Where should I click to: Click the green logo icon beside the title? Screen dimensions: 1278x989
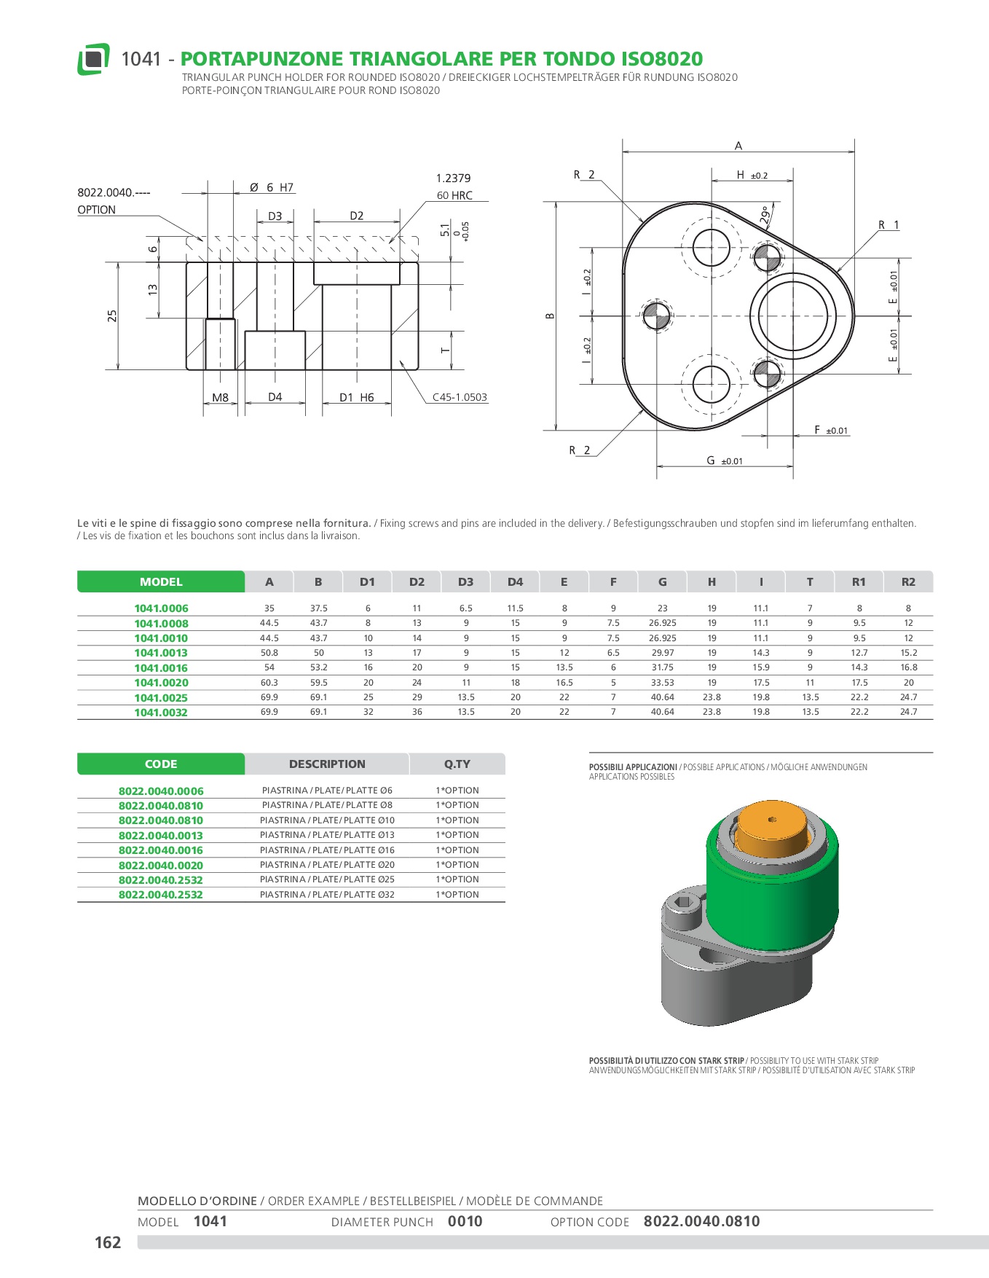click(93, 59)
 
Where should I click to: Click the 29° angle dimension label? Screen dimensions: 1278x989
click(765, 215)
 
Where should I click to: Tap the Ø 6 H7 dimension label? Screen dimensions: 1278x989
click(272, 188)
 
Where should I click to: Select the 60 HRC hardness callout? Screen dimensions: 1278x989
click(454, 195)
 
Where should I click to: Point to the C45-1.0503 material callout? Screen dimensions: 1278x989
click(460, 397)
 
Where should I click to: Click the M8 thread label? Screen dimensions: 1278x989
click(220, 398)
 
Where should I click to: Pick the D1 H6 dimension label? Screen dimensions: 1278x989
click(356, 398)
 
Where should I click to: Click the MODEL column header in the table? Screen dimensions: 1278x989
click(161, 582)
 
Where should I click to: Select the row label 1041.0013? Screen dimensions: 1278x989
click(161, 653)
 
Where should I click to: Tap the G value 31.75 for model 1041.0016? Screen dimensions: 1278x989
click(662, 667)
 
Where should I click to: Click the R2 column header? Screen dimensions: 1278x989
click(908, 582)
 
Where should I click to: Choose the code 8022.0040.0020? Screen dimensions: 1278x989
click(161, 866)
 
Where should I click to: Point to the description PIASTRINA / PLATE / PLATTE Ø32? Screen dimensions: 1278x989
click(327, 895)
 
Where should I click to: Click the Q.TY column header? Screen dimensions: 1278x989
click(457, 764)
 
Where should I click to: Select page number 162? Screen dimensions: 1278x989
click(108, 1242)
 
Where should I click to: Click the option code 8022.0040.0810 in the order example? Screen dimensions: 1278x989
click(701, 1221)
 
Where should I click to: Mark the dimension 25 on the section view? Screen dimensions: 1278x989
click(112, 316)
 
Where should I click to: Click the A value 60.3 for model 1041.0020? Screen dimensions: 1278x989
click(269, 683)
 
